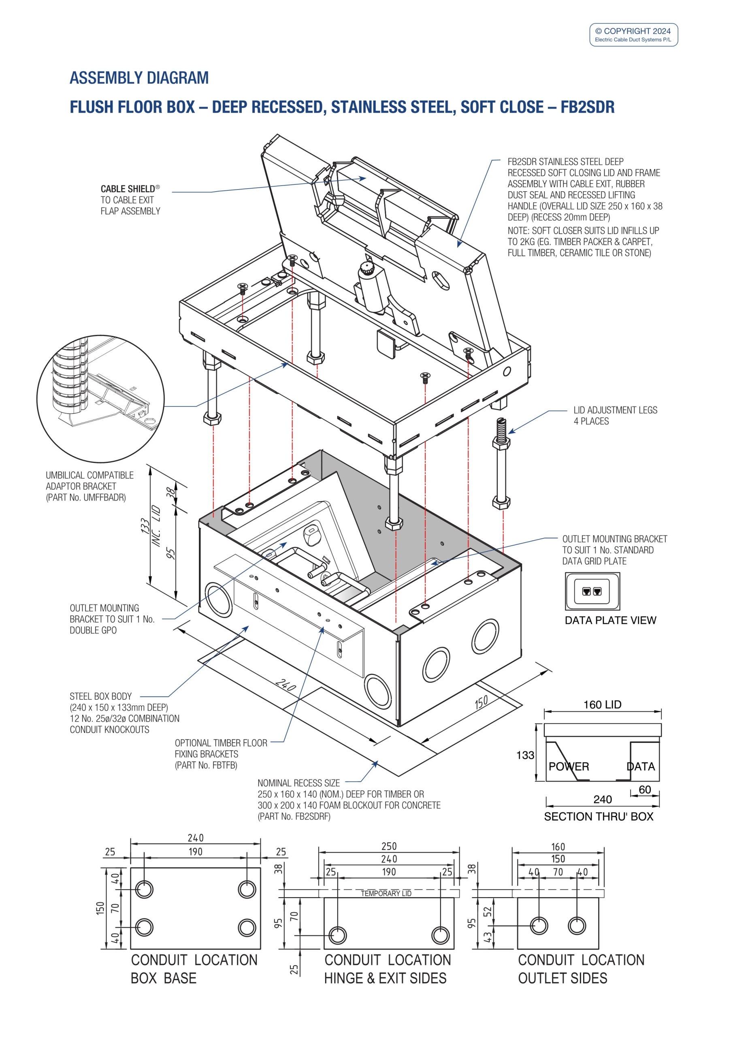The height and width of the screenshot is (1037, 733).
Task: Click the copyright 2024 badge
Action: pos(633,35)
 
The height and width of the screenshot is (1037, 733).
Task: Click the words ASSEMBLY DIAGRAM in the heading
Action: pos(139,78)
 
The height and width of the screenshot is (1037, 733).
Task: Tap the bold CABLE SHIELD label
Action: pos(128,189)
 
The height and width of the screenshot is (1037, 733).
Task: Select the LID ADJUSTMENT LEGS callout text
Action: pos(615,410)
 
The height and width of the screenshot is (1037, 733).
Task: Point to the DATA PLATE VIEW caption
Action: pos(610,620)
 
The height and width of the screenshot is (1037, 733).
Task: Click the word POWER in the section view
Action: pos(569,766)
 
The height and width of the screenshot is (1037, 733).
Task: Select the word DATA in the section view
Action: pos(640,766)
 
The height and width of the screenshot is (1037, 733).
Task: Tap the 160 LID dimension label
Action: pos(602,704)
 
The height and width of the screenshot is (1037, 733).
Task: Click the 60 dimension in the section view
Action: pos(644,789)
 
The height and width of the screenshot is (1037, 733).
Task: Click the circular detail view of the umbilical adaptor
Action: pos(100,399)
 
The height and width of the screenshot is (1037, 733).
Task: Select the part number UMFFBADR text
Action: pos(86,497)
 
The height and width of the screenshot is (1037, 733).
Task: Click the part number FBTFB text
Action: pos(206,765)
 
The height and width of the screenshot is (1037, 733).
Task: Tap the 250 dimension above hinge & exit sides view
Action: pos(389,846)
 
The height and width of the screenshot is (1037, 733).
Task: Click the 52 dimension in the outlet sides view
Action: pos(487,911)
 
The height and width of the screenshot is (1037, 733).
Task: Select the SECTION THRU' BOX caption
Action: pos(599,817)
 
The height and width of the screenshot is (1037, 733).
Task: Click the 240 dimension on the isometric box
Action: pos(286,685)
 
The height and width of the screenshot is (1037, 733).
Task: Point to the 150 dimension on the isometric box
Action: pos(481,702)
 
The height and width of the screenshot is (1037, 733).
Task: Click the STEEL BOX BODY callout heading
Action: pos(101,696)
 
